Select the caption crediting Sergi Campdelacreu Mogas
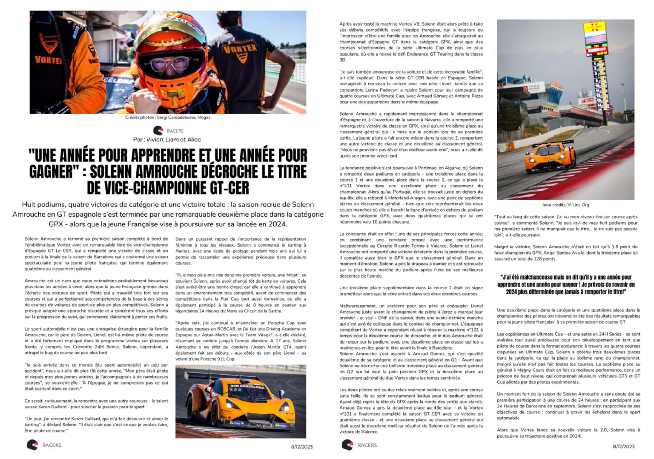168,118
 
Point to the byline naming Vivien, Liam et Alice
167,140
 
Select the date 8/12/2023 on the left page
302,447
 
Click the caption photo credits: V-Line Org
565,205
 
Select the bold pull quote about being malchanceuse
566,284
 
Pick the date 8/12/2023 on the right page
624,447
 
